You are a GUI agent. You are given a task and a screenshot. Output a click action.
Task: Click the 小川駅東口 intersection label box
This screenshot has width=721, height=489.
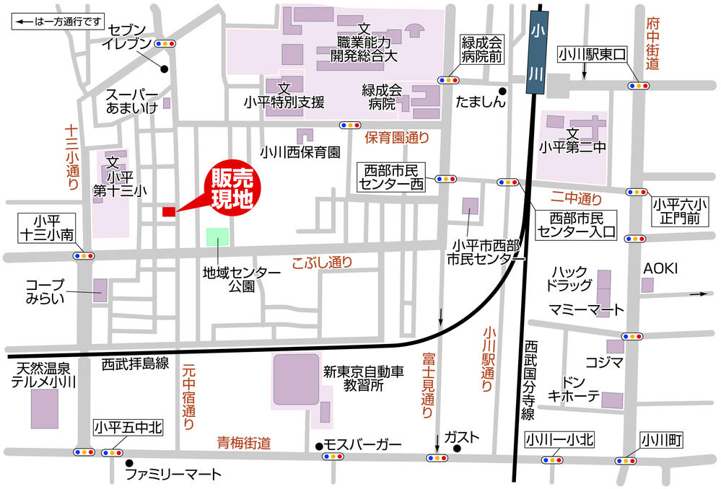point(595,54)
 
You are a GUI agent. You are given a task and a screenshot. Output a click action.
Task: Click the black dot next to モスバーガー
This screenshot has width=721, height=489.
point(318,445)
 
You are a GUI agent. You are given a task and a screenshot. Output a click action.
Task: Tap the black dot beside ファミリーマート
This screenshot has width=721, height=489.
point(129,463)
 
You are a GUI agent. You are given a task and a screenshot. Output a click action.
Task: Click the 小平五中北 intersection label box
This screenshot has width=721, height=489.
point(128,428)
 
